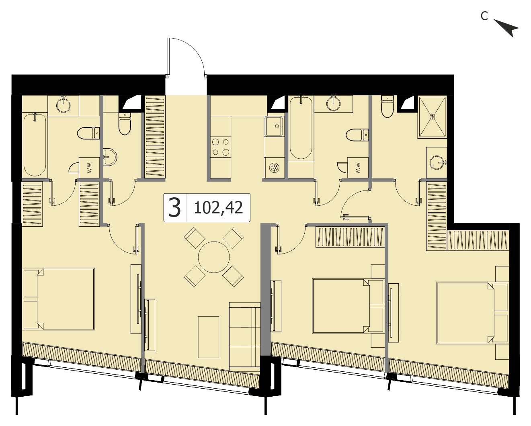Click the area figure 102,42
(x=218, y=208)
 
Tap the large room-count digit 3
(x=175, y=208)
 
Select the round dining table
(x=214, y=257)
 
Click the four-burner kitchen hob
(x=221, y=147)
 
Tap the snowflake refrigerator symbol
(x=273, y=168)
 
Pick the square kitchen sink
(x=274, y=126)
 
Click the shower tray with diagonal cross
(x=432, y=117)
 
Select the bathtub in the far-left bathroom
(x=35, y=144)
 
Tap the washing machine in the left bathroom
(x=89, y=168)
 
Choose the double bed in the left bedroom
(x=59, y=299)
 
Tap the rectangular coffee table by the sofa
(x=209, y=337)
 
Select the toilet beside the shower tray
(x=387, y=106)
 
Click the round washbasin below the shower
(x=437, y=162)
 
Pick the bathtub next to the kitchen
(x=301, y=128)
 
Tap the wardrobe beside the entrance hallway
(x=155, y=137)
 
